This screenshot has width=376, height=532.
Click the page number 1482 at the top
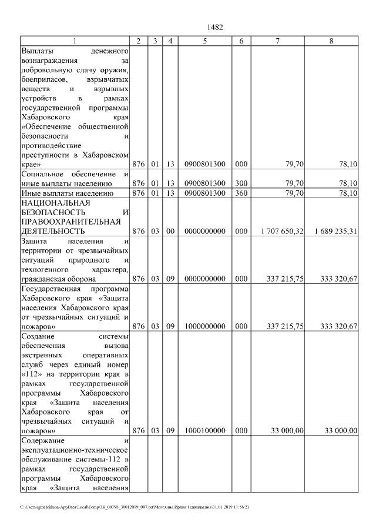[216, 27]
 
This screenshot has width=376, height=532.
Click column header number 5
[204, 41]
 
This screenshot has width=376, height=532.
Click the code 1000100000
[204, 431]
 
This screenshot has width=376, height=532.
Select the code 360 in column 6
[241, 193]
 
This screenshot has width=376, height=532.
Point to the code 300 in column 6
[241, 183]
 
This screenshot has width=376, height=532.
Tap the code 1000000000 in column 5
[204, 326]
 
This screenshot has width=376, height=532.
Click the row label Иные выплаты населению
[66, 193]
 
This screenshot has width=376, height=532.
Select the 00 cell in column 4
[170, 232]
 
